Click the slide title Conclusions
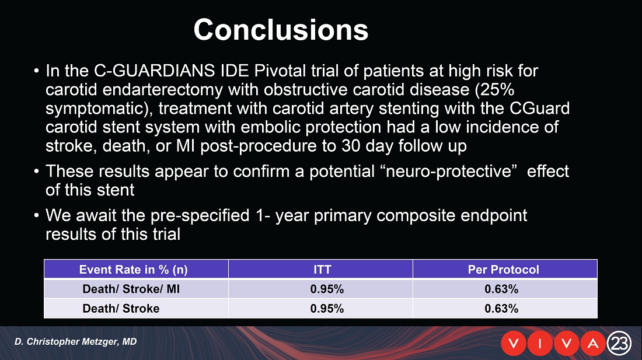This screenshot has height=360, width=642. coord(281,29)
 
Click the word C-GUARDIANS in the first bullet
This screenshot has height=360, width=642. coord(154,71)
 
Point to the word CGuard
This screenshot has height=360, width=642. coord(540,109)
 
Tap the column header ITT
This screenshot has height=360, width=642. coord(322,270)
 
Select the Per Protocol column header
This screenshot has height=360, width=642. coord(503,270)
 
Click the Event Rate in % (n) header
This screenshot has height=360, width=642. coord(133,270)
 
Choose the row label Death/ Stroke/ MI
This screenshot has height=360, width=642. coord(131,289)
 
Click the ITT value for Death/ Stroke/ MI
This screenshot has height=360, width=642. coord(327,289)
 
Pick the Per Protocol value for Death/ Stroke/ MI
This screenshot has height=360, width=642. coord(501,289)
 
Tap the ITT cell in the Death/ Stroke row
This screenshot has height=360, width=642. coord(327,309)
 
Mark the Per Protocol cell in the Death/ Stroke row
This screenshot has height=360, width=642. coord(501,309)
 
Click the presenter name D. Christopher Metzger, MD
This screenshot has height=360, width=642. coord(76,341)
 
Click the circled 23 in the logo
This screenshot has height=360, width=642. coord(619,343)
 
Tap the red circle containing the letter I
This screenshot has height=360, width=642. coord(540,343)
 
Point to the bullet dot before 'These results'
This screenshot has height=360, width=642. coord(37,170)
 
